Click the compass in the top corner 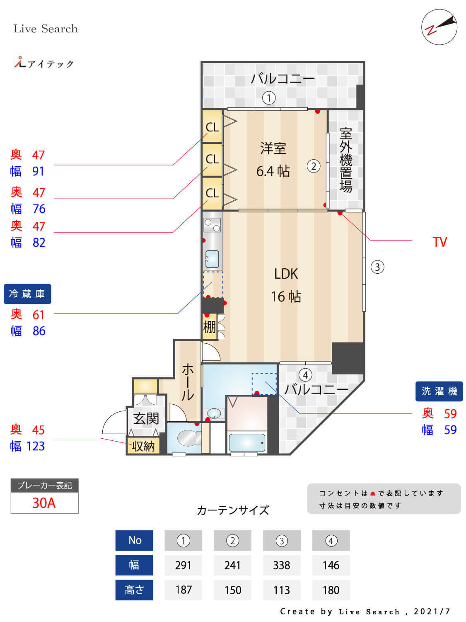pyautogui.click(x=439, y=27)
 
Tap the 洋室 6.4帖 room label pyautogui.click(x=273, y=160)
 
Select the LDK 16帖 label pyautogui.click(x=286, y=285)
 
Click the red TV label pyautogui.click(x=439, y=242)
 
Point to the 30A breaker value pyautogui.click(x=44, y=503)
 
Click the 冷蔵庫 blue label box pyautogui.click(x=27, y=294)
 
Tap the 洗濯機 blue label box pyautogui.click(x=439, y=391)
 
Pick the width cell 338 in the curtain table pyautogui.click(x=282, y=565)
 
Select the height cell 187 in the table pyautogui.click(x=183, y=590)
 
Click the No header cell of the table pyautogui.click(x=135, y=540)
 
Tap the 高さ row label pyautogui.click(x=134, y=590)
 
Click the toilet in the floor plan pyautogui.click(x=186, y=438)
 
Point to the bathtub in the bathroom pyautogui.click(x=247, y=443)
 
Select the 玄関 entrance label pyautogui.click(x=146, y=418)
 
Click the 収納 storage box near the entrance pyautogui.click(x=143, y=446)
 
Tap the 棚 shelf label pyautogui.click(x=209, y=327)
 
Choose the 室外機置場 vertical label pyautogui.click(x=346, y=160)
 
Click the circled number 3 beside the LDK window pyautogui.click(x=377, y=267)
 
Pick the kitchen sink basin pyautogui.click(x=212, y=259)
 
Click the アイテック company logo pyautogui.click(x=44, y=63)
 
